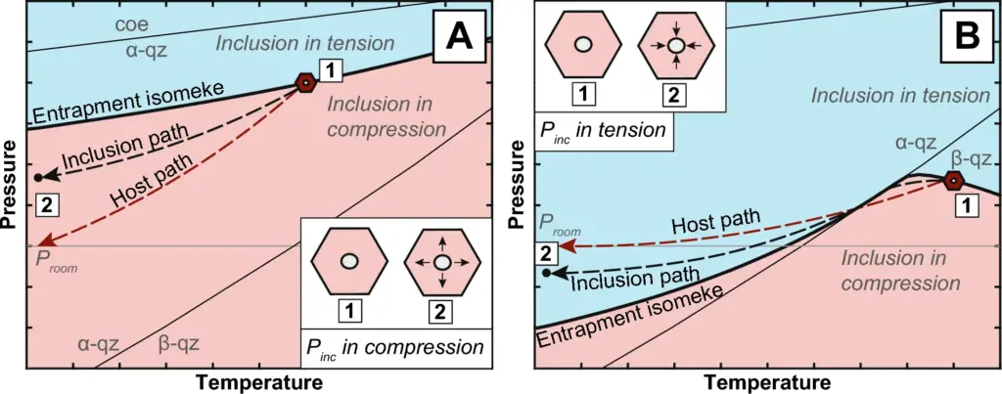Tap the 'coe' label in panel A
coord(132,26)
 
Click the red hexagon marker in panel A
coord(306,83)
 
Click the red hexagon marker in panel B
coord(953,181)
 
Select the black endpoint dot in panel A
coord(38,178)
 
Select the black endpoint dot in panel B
coord(546,273)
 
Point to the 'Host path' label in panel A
coord(153,182)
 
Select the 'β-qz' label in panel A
coord(178,345)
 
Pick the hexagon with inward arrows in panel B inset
coord(675,45)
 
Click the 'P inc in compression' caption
coord(394,348)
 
